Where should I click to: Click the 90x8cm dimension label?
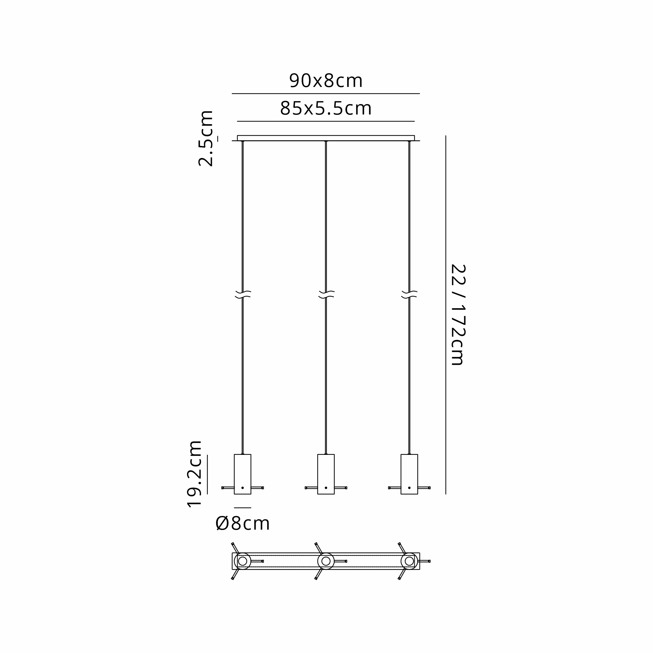[326, 81]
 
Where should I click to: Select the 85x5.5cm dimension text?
[326, 108]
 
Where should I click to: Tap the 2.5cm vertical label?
[206, 138]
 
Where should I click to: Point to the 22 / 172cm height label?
[458, 315]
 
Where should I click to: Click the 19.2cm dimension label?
[195, 474]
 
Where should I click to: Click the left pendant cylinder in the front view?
[242, 474]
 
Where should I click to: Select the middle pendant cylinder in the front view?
[326, 474]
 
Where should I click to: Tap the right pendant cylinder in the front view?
[409, 474]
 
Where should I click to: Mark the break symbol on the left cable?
[243, 295]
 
